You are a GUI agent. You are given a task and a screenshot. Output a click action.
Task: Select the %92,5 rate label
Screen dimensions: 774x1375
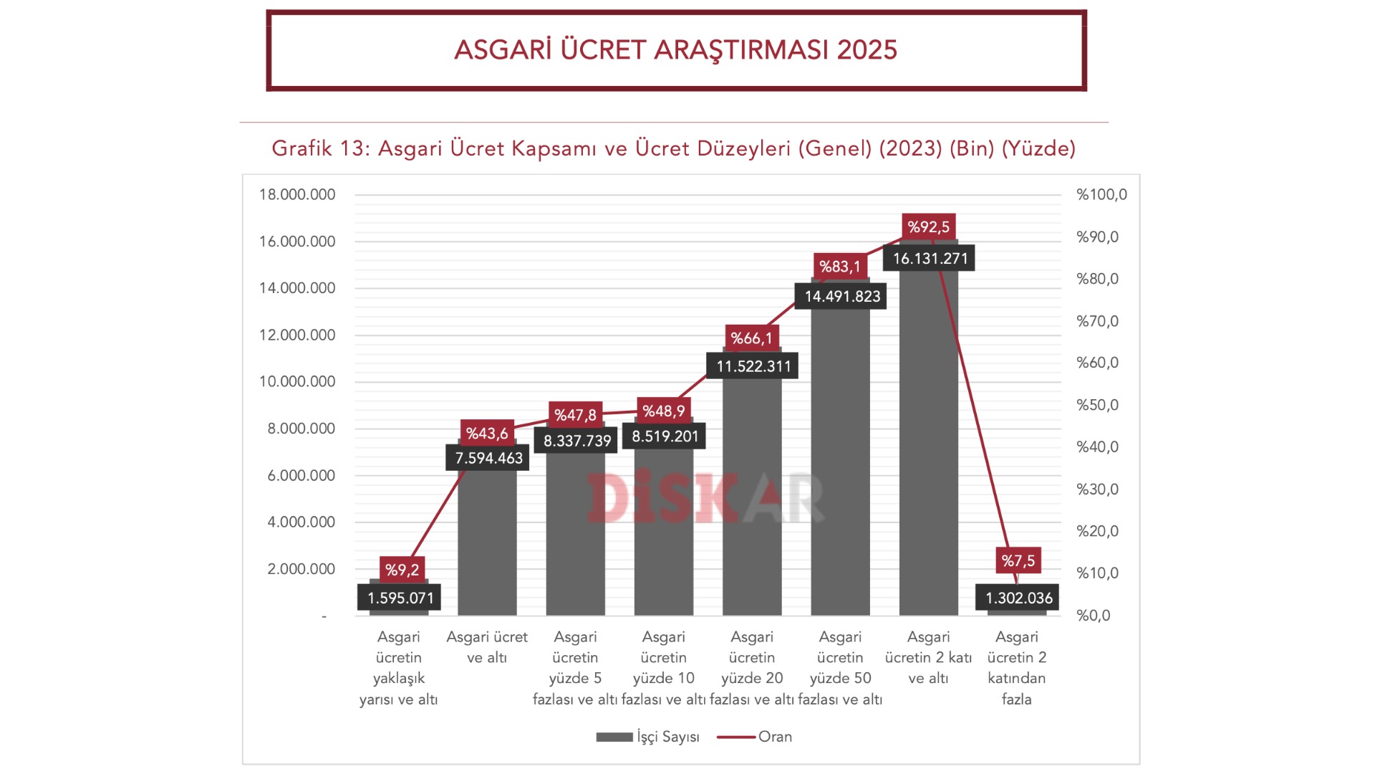click(x=928, y=227)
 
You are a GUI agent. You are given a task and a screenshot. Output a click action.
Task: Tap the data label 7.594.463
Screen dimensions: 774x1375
click(x=488, y=458)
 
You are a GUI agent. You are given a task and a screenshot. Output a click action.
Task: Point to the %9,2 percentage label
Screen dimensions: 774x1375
click(x=402, y=570)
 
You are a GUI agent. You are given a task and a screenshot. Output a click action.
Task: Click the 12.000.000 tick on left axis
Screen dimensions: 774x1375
click(x=297, y=335)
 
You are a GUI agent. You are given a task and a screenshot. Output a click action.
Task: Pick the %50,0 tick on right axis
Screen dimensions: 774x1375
click(x=1097, y=405)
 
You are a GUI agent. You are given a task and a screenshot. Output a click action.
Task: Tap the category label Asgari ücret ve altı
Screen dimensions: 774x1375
click(x=487, y=647)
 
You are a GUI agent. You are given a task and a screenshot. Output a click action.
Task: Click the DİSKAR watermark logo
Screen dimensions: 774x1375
click(x=705, y=497)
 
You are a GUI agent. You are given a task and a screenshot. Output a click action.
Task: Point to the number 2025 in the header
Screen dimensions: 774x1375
click(x=867, y=50)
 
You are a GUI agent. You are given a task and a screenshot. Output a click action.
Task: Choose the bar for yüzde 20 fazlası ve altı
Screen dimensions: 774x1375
click(x=752, y=502)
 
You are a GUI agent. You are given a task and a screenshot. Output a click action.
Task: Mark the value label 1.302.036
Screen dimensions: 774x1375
click(x=1018, y=598)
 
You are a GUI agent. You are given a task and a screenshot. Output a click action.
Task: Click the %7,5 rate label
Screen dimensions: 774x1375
click(x=1018, y=560)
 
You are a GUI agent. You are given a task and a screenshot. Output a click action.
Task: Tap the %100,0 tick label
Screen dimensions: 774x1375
click(x=1101, y=194)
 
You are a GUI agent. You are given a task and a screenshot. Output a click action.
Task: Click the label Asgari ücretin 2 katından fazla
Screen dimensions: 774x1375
click(x=1016, y=668)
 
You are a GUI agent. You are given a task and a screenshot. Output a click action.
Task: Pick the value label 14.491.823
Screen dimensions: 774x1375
click(x=841, y=296)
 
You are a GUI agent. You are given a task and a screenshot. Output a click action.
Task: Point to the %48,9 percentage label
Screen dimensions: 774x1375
click(x=663, y=411)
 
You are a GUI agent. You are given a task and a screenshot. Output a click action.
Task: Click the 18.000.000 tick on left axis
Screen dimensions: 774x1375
click(x=297, y=194)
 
